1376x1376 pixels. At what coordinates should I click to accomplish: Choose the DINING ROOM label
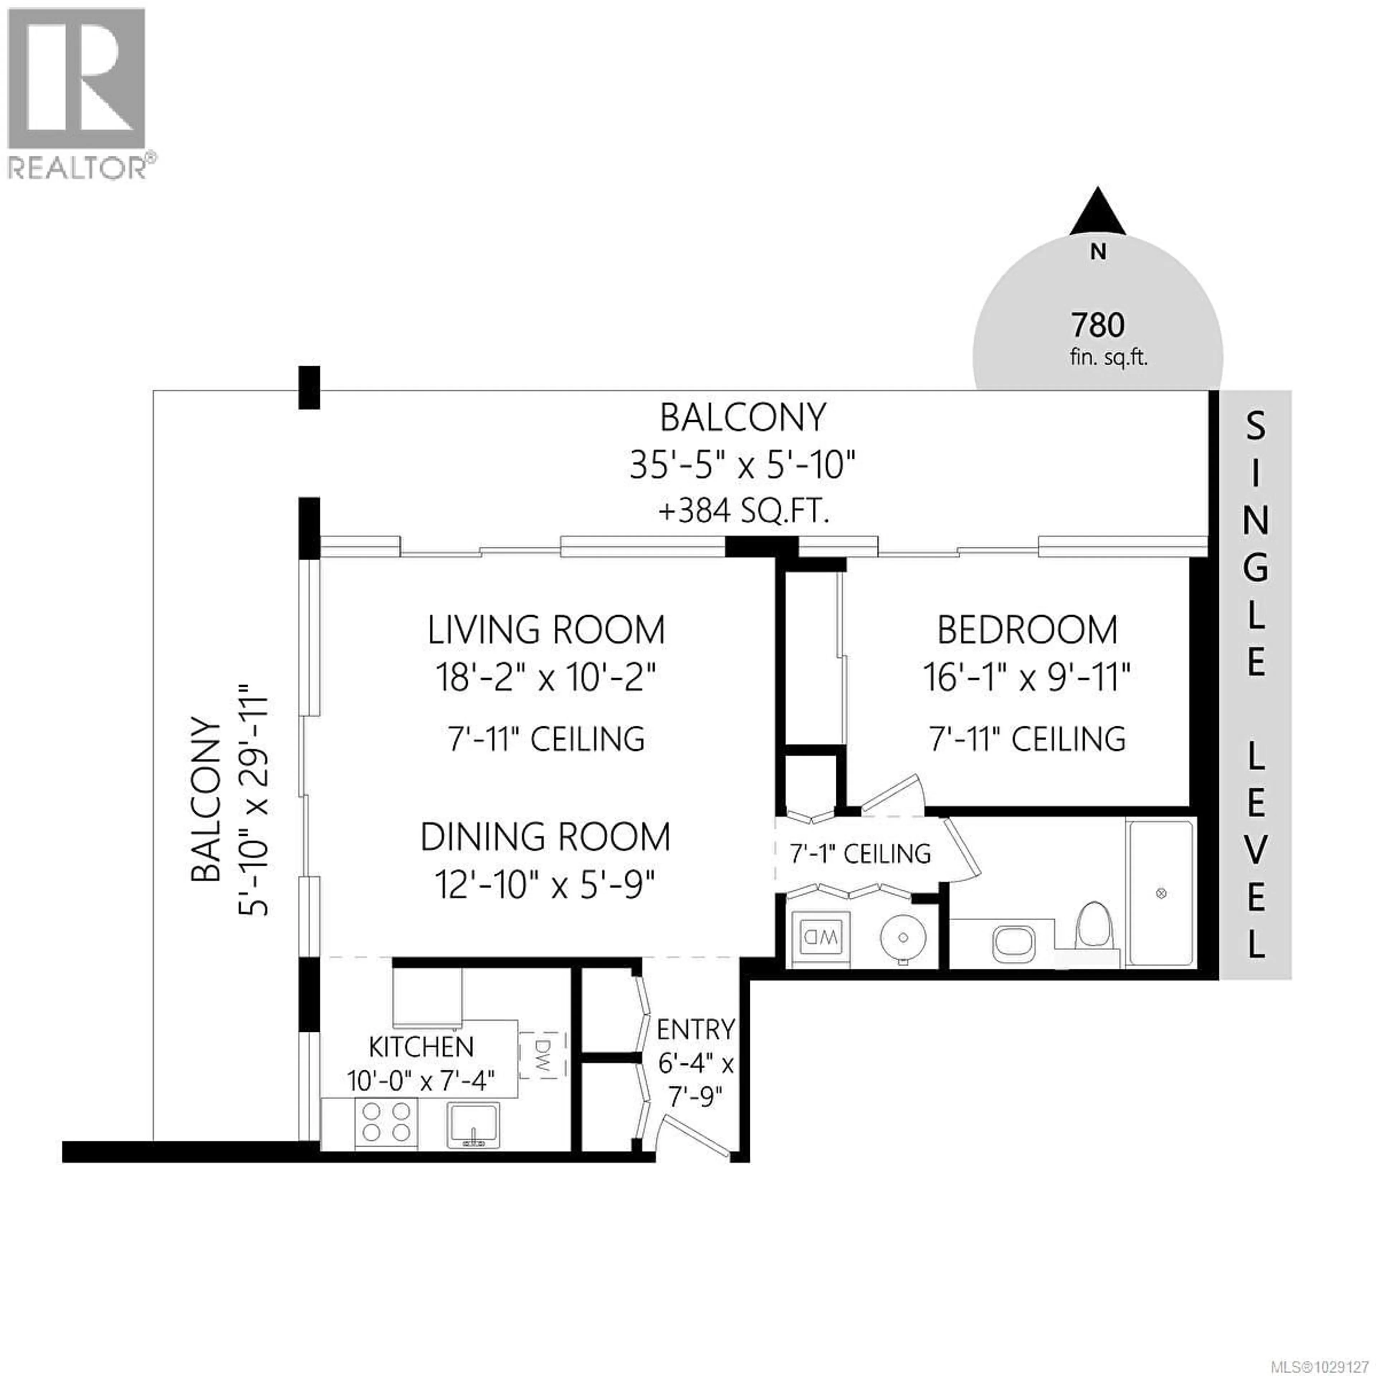coord(545,837)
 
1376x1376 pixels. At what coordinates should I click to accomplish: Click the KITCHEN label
coord(421,1047)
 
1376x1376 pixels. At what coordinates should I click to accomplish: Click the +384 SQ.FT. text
coord(744,511)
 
